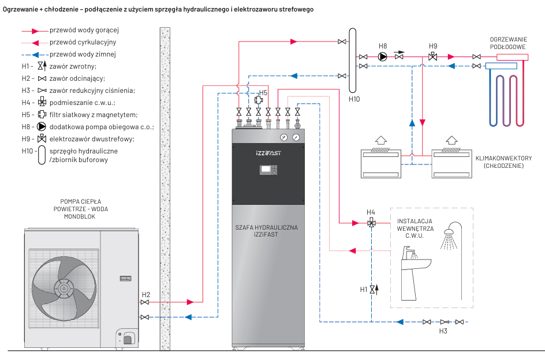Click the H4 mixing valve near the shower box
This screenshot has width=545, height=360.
[x=371, y=222]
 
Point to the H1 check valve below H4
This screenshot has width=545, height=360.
[x=372, y=288]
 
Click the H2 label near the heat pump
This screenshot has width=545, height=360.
[x=146, y=294]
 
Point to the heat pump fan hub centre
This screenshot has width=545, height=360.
[x=61, y=287]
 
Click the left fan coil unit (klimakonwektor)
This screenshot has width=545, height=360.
[x=380, y=163]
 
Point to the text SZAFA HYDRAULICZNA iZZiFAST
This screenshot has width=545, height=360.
[x=267, y=231]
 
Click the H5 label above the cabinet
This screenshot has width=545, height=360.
[x=263, y=92]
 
